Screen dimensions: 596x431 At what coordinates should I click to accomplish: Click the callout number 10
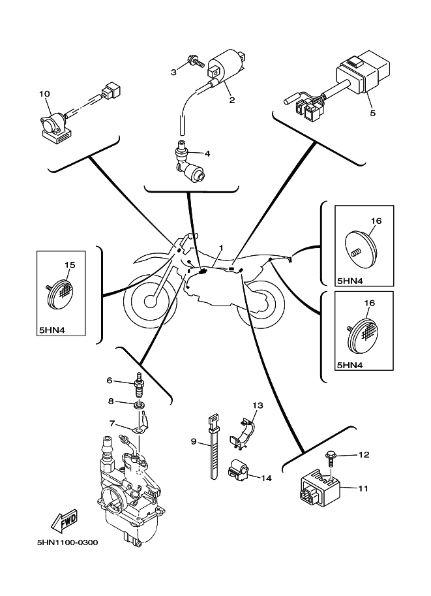(x=44, y=94)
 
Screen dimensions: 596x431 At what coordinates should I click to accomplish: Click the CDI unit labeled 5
(x=363, y=74)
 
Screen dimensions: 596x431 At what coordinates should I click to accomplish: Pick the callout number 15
(x=70, y=265)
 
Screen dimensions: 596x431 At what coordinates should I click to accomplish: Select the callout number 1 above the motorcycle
(x=221, y=248)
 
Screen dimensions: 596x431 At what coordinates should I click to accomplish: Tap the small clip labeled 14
(x=237, y=471)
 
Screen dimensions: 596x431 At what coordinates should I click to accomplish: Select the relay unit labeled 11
(x=319, y=488)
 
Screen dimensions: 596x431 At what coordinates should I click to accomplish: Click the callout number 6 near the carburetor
(x=110, y=380)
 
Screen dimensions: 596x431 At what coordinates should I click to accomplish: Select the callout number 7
(x=111, y=424)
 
